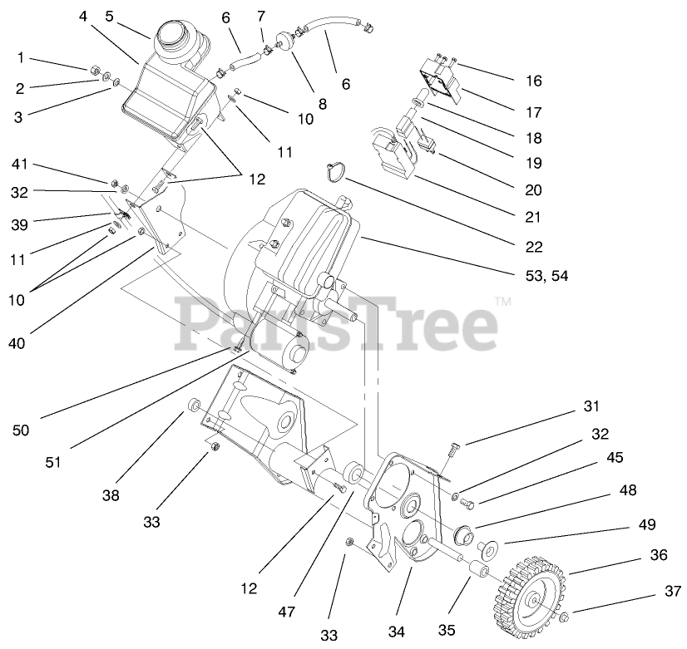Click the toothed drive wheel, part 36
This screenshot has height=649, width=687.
530,588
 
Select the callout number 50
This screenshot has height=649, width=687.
22,430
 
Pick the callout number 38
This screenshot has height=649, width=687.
111,495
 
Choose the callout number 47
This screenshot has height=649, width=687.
287,612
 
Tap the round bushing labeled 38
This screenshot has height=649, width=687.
194,406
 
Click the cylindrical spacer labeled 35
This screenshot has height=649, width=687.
477,572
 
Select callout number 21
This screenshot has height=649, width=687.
533,218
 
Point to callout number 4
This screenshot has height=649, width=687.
83,16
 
